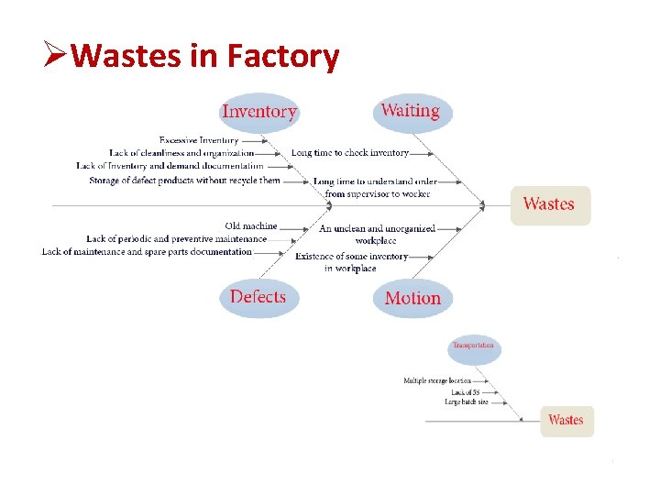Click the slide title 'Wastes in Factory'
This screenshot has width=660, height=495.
pos(204,57)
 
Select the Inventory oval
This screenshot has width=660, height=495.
pos(259,112)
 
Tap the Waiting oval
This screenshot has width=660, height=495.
pos(411,111)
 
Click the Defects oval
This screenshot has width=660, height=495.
pos(258,297)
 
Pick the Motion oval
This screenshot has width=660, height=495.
pos(412,298)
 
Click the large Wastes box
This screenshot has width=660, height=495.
pos(549,204)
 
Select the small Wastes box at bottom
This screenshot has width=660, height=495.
pos(566,420)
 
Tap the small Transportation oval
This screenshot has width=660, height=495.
pos(473,346)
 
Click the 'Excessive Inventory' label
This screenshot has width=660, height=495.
pos(198,140)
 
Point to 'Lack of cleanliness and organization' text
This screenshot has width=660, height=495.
pos(181,153)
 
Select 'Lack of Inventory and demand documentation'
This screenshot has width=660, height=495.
pos(170,166)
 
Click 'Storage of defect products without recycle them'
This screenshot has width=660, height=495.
pos(184,181)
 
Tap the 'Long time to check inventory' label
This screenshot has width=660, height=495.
pos(349,153)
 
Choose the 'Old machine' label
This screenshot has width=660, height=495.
pos(251,225)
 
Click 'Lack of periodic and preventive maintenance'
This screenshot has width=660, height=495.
pos(176,238)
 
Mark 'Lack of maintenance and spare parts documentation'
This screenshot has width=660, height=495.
pos(147,251)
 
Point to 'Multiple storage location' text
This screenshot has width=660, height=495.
pos(437,380)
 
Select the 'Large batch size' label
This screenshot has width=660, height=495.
pos(466,402)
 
